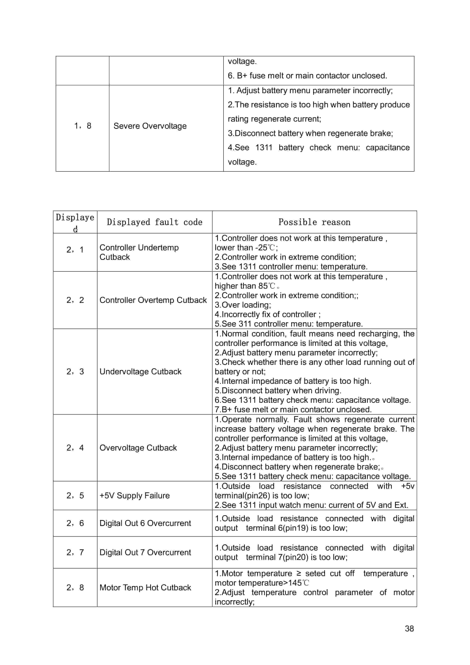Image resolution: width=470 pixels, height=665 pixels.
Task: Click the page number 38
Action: click(409, 628)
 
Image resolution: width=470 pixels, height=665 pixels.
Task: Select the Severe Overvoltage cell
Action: click(150, 126)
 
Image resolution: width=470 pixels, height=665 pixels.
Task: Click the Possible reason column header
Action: click(314, 222)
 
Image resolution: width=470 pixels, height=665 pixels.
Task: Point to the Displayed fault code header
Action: click(154, 222)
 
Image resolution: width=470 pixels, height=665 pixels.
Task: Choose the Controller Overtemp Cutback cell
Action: click(153, 300)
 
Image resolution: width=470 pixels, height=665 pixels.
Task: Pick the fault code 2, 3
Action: click(75, 371)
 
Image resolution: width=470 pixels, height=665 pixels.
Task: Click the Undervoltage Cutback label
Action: click(140, 371)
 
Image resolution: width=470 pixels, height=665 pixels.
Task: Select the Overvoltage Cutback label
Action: click(138, 448)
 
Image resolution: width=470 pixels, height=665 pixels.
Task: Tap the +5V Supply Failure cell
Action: click(134, 496)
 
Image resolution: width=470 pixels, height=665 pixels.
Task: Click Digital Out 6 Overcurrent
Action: click(145, 523)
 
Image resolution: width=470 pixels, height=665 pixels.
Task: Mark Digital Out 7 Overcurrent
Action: click(145, 552)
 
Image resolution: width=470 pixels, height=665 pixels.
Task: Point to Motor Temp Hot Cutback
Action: click(145, 587)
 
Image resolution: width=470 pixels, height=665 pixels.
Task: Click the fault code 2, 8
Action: click(75, 587)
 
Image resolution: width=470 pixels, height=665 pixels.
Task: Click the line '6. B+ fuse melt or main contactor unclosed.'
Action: click(307, 76)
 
